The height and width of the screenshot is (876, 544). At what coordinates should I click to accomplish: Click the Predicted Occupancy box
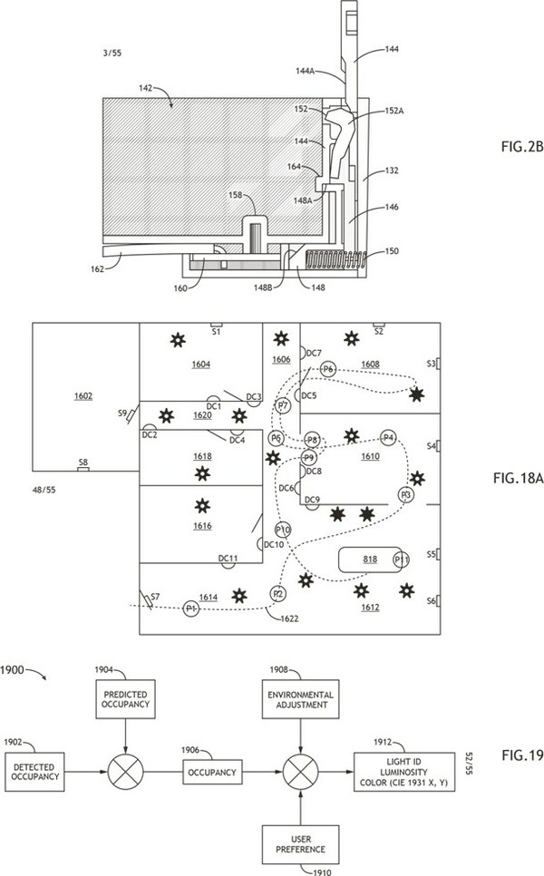click(x=126, y=699)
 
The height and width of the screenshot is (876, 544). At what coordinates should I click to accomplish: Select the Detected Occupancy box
click(x=34, y=772)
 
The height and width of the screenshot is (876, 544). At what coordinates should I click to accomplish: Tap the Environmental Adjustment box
click(x=301, y=699)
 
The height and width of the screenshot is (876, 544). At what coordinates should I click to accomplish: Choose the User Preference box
click(x=300, y=844)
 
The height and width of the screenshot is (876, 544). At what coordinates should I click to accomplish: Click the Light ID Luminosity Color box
click(x=403, y=772)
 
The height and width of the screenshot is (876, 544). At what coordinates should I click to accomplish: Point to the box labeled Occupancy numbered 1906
click(x=212, y=772)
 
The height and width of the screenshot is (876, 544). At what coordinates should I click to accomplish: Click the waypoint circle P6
click(x=328, y=369)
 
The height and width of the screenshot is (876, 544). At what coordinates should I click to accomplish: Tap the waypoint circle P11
click(x=401, y=560)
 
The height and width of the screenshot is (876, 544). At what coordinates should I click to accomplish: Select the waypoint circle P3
click(x=406, y=495)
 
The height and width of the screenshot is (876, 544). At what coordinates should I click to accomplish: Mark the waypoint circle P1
click(x=191, y=608)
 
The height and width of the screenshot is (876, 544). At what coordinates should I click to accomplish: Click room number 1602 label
click(x=83, y=396)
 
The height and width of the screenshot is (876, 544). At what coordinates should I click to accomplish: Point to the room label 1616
click(x=202, y=526)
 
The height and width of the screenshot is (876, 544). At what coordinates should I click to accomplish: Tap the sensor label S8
click(x=83, y=462)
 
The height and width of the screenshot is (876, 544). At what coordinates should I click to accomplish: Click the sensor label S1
click(x=216, y=332)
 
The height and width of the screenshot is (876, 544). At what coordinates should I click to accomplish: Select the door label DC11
click(x=228, y=558)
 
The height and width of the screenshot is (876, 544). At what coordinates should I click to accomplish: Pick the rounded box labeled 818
click(x=369, y=560)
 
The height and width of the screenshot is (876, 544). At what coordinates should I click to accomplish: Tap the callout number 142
click(x=145, y=88)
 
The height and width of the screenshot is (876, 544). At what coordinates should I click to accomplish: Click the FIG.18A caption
click(x=518, y=478)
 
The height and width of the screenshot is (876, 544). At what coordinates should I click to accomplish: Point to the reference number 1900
click(x=13, y=669)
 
